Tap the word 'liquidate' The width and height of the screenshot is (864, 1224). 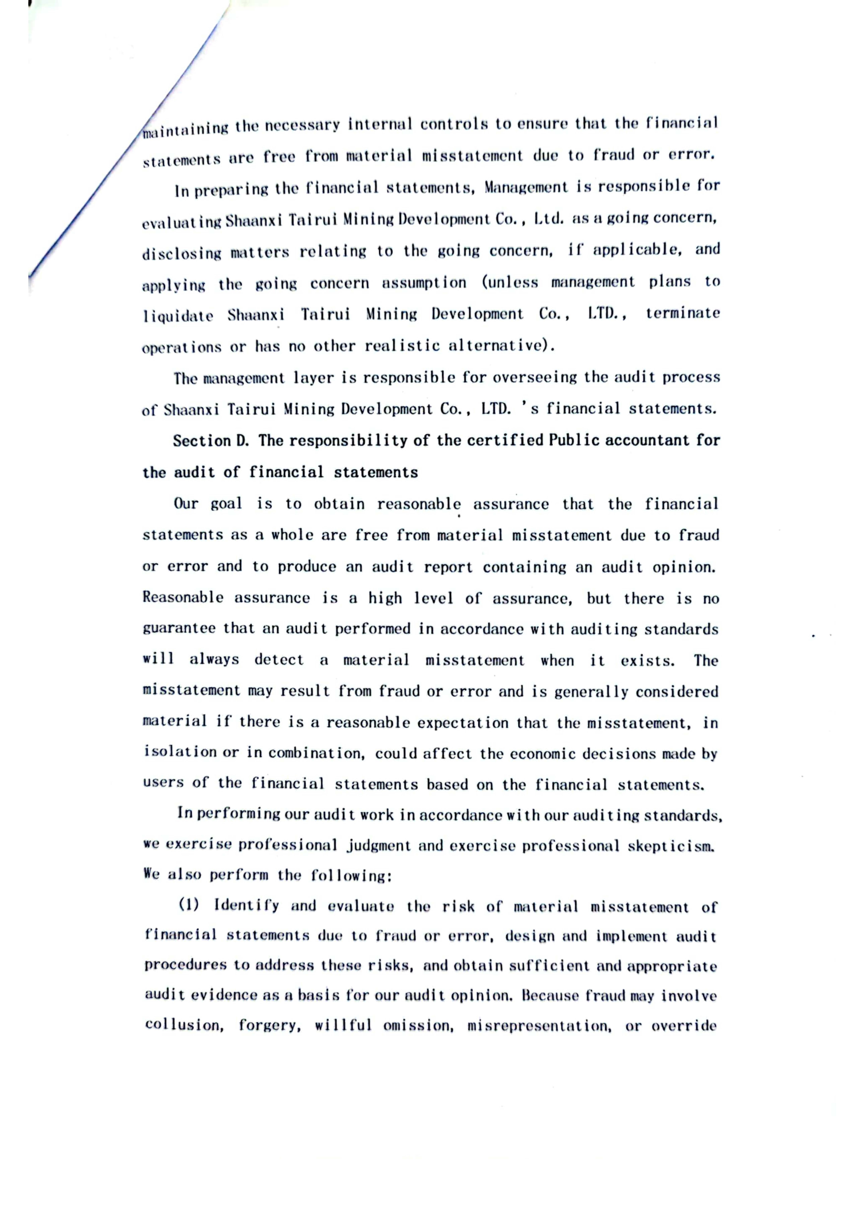(x=177, y=316)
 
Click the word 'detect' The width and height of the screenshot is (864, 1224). (x=279, y=660)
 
